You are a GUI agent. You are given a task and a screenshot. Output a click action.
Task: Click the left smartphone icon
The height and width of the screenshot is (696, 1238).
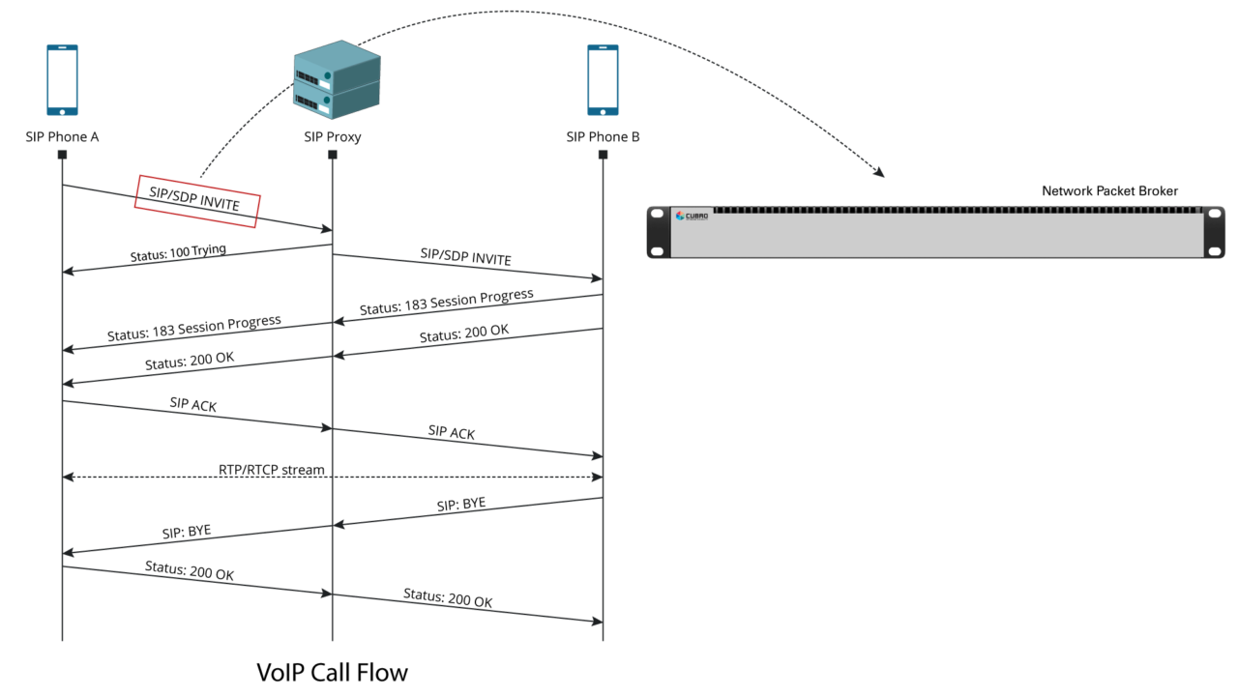62,79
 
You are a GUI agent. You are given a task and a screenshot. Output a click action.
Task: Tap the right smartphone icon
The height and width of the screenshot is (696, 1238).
603,79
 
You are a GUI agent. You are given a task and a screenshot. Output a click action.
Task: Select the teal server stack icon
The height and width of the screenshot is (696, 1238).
337,79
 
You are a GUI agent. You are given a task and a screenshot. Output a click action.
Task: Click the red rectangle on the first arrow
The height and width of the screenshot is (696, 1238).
197,201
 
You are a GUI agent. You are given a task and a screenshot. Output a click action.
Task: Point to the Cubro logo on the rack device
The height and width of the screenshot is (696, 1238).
692,216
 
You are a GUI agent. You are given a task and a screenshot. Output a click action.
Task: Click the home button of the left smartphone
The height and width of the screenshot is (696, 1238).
62,111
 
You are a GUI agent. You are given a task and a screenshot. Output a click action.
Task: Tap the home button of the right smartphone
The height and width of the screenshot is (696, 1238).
603,111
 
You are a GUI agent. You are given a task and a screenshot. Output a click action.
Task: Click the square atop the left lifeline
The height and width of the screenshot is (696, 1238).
62,154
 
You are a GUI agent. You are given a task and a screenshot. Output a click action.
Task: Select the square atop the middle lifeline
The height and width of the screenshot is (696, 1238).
333,154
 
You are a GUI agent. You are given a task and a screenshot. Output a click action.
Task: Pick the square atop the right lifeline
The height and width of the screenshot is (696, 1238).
603,154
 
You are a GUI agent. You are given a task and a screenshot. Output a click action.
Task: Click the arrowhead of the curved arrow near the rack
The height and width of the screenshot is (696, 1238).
879,173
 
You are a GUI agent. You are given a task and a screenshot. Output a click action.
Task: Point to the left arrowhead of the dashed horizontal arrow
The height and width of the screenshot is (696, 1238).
67,477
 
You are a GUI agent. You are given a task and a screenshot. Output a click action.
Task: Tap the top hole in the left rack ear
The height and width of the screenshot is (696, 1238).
658,215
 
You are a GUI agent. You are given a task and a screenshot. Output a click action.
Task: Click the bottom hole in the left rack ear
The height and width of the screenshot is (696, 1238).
658,250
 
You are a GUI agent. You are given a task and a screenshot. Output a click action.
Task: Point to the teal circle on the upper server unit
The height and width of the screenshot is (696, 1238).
327,74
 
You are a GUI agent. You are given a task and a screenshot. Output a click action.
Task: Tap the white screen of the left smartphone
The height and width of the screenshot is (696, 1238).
62,76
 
